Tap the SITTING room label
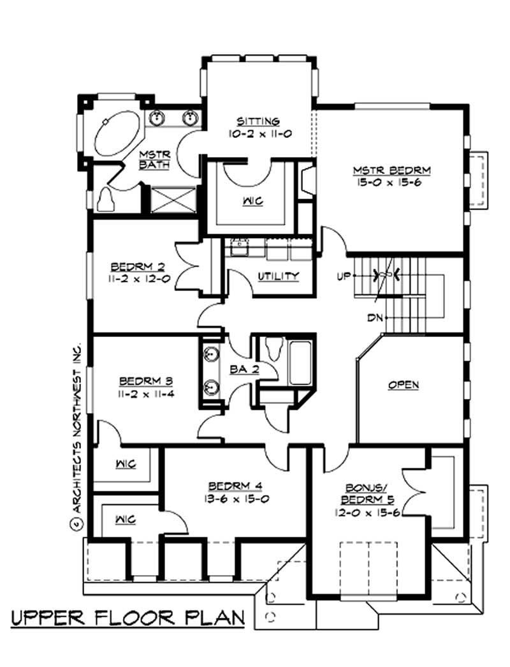258,121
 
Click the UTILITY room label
279,276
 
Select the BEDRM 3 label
147,381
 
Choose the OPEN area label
403,384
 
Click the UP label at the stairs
345,276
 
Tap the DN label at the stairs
375,317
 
